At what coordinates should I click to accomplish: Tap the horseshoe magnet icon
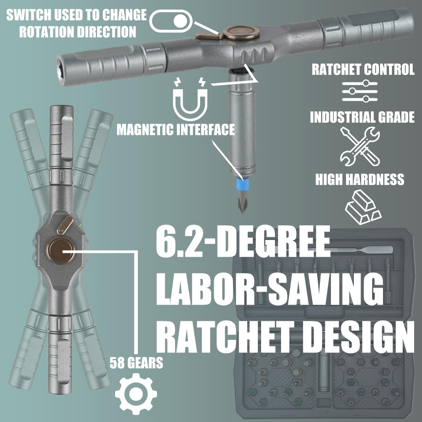(x=190, y=98)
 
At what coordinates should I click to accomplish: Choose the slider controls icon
(x=360, y=91)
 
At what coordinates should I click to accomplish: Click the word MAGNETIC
(x=145, y=130)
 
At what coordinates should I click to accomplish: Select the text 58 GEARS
(x=136, y=363)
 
